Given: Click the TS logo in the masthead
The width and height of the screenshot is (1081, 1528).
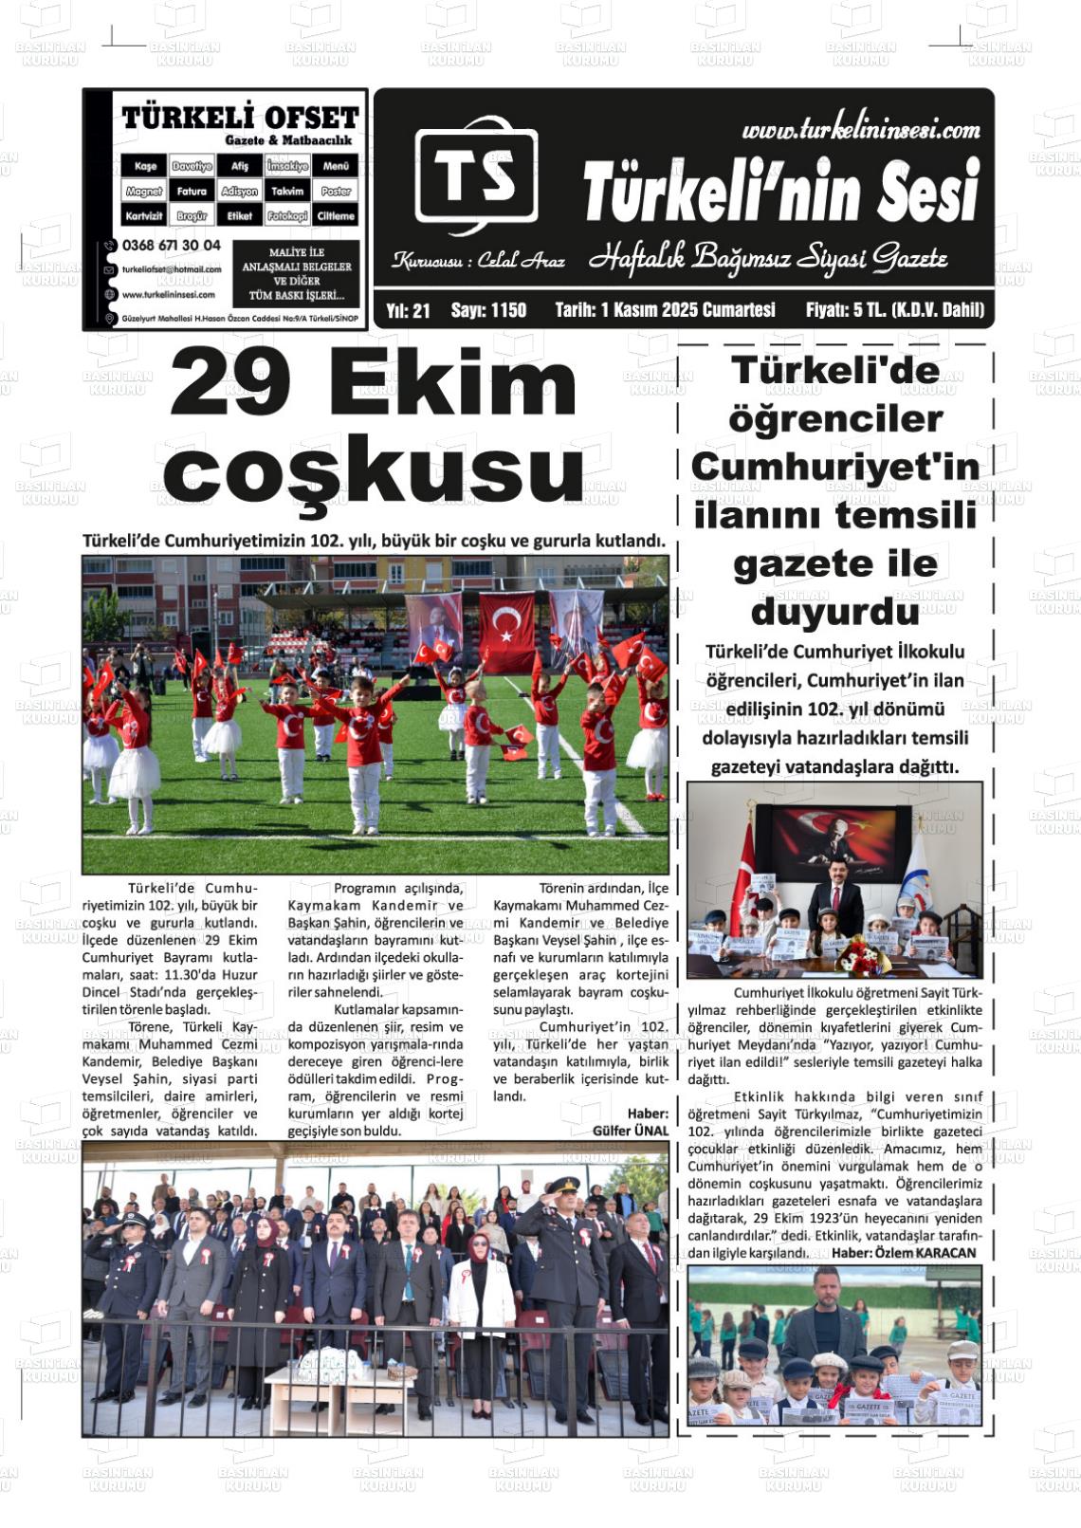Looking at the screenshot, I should (475, 177).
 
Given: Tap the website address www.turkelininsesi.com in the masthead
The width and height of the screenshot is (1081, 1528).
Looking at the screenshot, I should (860, 130).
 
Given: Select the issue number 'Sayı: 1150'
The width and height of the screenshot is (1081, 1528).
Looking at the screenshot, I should (488, 310).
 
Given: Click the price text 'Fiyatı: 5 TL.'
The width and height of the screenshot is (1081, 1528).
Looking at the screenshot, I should (862, 310).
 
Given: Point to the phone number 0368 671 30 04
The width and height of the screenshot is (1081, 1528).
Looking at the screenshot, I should (172, 245).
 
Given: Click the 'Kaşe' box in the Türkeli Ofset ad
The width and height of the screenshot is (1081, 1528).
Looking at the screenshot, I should (144, 166).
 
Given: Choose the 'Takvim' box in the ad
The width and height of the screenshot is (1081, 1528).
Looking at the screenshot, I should (287, 191).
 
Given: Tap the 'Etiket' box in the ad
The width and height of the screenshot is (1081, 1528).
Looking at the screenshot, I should (240, 216).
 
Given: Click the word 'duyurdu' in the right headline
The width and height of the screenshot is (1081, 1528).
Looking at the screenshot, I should (834, 613).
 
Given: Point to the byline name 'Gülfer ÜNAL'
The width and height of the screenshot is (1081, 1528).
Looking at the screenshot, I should (631, 1131).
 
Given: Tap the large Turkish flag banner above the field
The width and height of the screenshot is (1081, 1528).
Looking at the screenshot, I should (506, 625).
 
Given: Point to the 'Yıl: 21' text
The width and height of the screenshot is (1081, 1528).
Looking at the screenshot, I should (409, 310).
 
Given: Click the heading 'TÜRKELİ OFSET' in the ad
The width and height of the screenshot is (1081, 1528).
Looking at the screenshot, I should (240, 118).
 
